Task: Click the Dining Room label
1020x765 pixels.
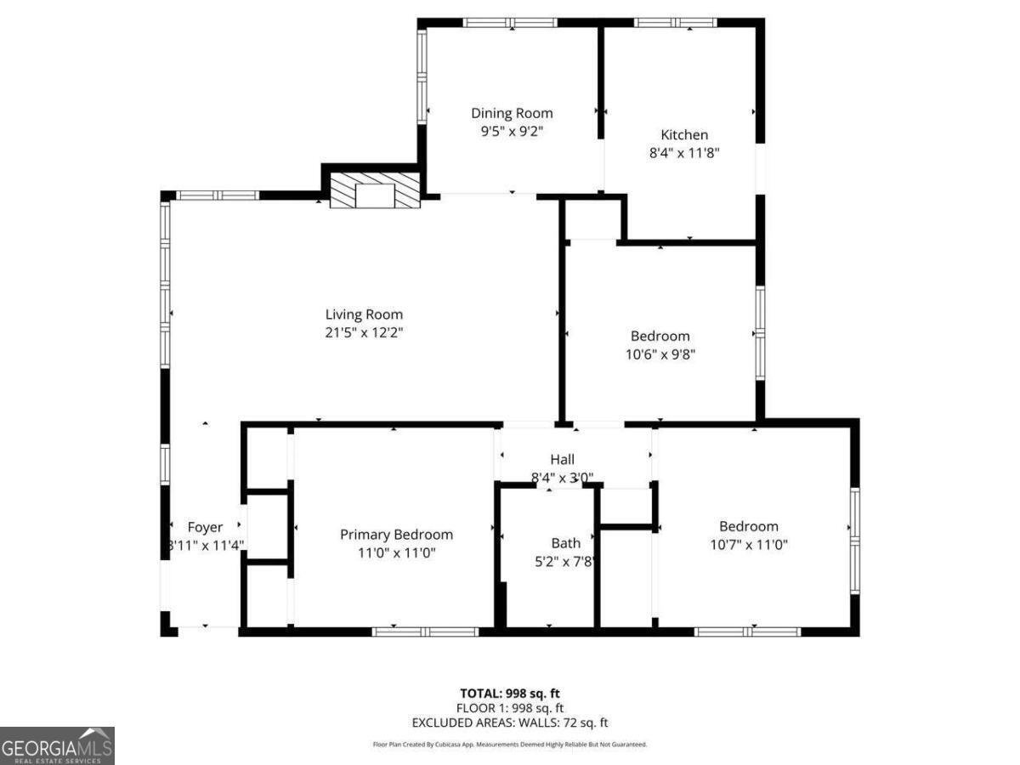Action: (512, 113)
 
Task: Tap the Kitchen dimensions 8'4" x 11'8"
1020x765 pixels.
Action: (684, 154)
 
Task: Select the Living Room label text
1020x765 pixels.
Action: (364, 314)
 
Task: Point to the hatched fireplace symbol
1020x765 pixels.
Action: (375, 191)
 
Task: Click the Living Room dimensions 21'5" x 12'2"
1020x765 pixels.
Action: (364, 333)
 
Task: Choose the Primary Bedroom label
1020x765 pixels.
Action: (396, 535)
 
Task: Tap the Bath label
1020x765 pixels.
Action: (565, 542)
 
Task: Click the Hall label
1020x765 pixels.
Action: (562, 460)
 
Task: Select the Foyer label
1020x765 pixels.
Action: (205, 527)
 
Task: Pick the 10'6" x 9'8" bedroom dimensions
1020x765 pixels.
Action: (660, 354)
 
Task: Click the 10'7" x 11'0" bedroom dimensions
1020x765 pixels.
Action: (749, 545)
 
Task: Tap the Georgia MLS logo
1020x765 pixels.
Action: (57, 745)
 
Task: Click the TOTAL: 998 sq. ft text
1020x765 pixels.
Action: (509, 692)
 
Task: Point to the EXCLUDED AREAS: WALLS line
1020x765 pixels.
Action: (509, 723)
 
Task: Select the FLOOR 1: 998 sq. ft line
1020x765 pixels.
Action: (509, 707)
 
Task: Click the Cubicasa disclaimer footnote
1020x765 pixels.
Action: (509, 745)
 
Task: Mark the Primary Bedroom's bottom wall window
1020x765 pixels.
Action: (425, 632)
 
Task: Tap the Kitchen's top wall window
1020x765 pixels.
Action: (676, 23)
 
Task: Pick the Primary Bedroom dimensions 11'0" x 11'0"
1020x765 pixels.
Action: (396, 553)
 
